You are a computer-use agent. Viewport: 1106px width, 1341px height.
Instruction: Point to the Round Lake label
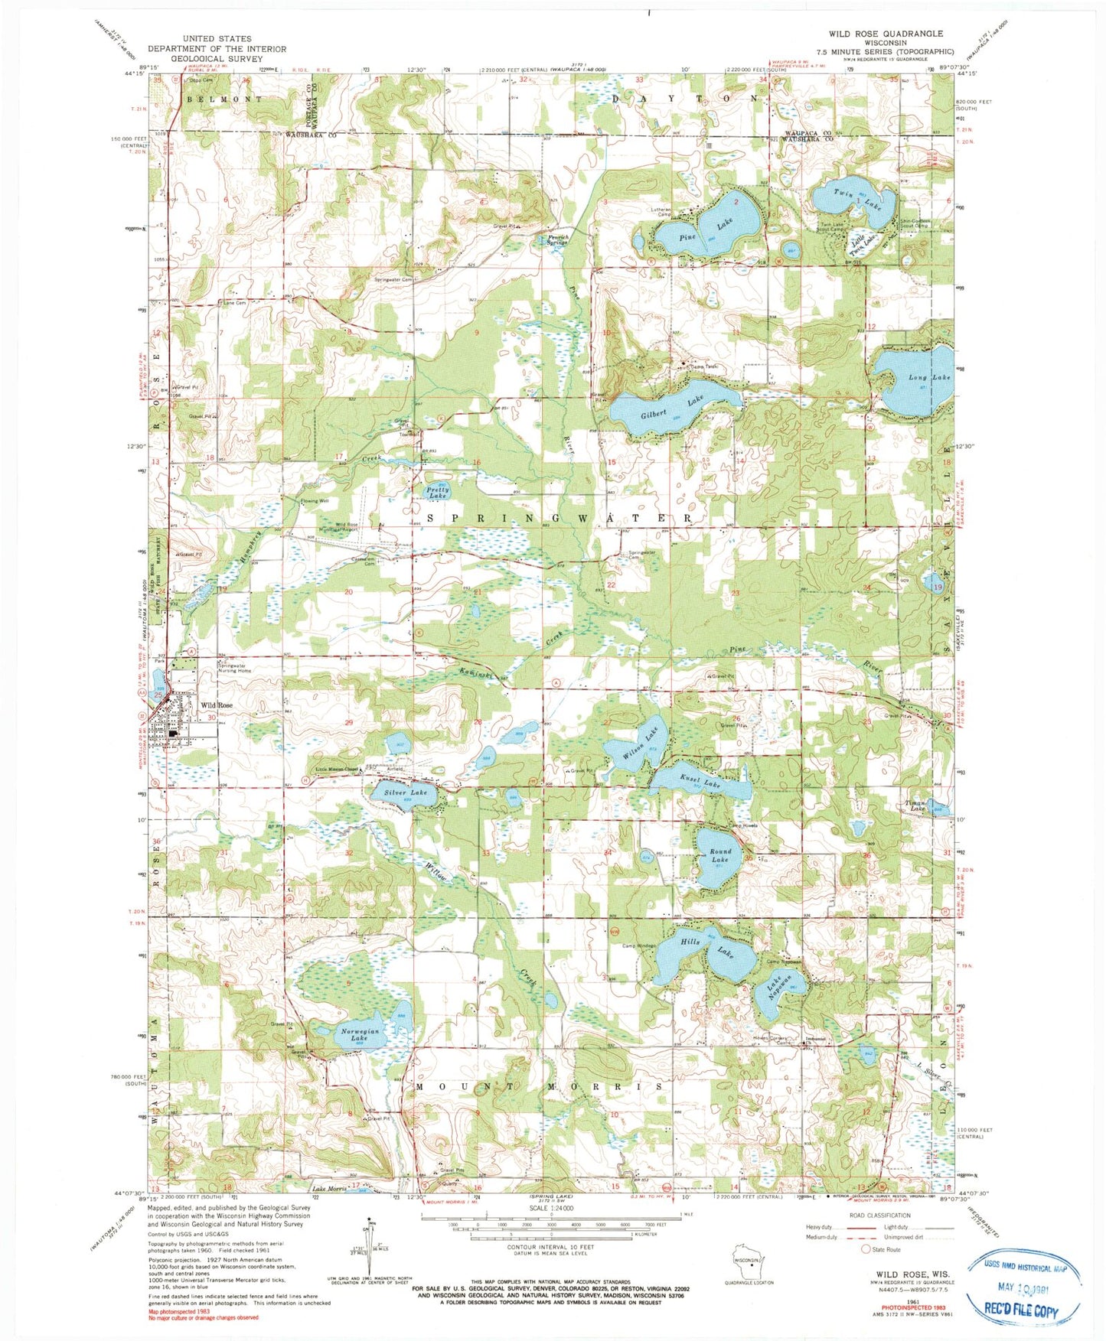pos(720,855)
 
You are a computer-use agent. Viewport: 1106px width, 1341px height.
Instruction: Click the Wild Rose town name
pos(217,705)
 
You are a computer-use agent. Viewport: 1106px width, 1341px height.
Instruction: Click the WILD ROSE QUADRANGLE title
pos(885,34)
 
